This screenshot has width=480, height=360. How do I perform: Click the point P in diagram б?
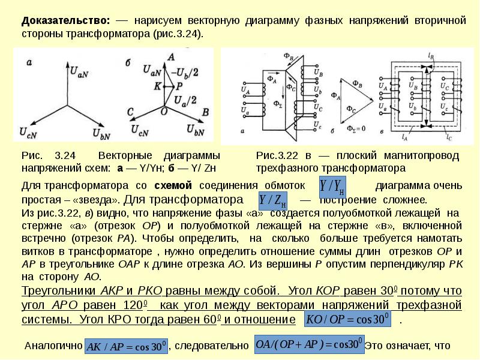pyautogui.click(x=179, y=86)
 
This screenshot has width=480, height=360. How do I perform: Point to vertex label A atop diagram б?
pyautogui.click(x=172, y=57)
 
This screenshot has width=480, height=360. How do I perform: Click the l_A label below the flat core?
pyautogui.click(x=398, y=137)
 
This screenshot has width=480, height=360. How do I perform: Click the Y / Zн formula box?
pyautogui.click(x=272, y=199)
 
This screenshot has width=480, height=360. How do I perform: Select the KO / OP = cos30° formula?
pyautogui.click(x=348, y=319)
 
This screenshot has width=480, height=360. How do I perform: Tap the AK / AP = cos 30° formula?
pyautogui.click(x=126, y=346)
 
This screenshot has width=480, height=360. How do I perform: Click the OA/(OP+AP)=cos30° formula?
pyautogui.click(x=308, y=345)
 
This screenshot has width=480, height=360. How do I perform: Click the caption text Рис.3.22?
pyautogui.click(x=274, y=155)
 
